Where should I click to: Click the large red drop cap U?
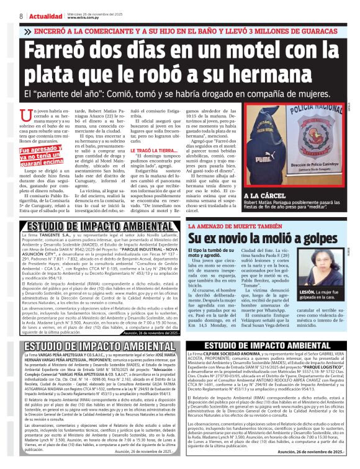26,116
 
